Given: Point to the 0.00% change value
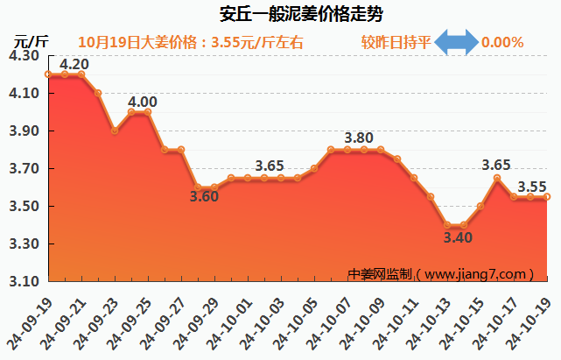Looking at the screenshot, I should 502,42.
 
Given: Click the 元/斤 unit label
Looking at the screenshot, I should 31,40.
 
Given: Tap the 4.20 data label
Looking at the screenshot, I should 74,64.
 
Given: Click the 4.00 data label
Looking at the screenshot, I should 143,102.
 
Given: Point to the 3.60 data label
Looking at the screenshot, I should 204,196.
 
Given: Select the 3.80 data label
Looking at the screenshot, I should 359,138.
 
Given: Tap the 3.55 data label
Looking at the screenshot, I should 532,187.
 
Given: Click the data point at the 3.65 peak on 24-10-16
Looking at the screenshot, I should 497,178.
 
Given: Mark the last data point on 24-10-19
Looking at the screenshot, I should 547,197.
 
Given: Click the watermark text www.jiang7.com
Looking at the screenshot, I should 477,273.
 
